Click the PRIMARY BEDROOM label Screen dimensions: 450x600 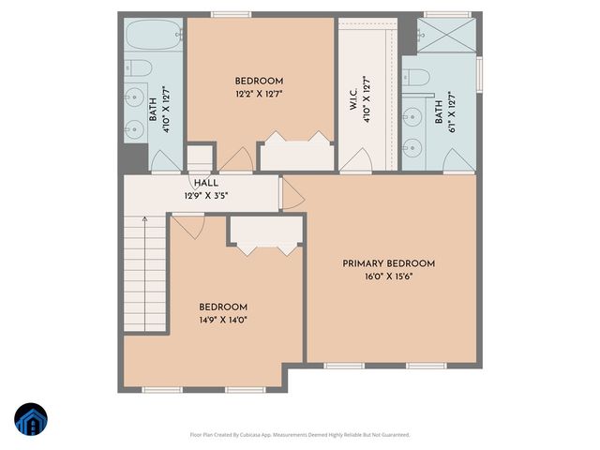pyautogui.click(x=388, y=263)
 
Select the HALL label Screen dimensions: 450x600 pyautogui.click(x=206, y=184)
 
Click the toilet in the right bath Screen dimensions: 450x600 pyautogui.click(x=418, y=77)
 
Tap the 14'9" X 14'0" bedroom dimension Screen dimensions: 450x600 pyautogui.click(x=223, y=320)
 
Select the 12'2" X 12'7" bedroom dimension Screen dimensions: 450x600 pyautogui.click(x=259, y=95)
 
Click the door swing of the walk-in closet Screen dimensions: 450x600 pyautogui.click(x=354, y=162)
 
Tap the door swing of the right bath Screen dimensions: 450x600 pyautogui.click(x=458, y=161)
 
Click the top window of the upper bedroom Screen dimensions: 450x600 pyautogui.click(x=231, y=14)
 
